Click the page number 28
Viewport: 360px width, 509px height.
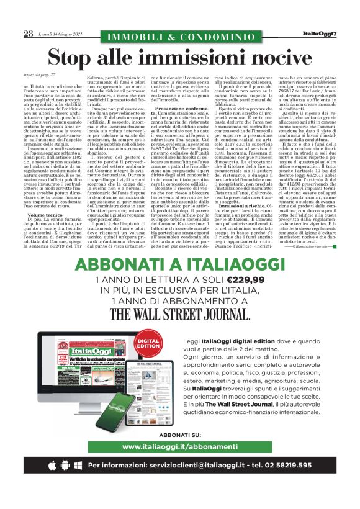point(29,34)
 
